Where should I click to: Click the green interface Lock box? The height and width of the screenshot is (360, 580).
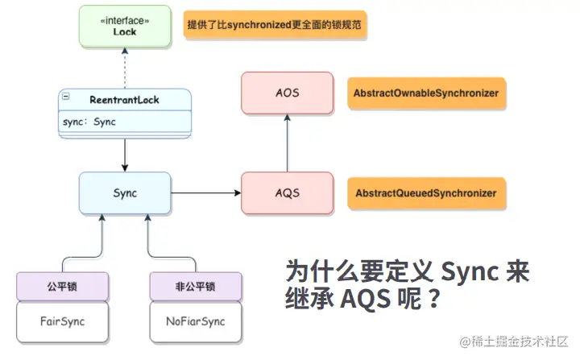tap(125, 26)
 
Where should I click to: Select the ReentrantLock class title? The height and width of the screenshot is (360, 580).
tap(124, 100)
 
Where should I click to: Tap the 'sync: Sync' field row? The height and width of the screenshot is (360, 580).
tap(125, 122)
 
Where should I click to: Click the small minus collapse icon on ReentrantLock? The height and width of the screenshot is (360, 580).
tap(66, 96)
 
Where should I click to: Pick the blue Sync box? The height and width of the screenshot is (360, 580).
tap(125, 192)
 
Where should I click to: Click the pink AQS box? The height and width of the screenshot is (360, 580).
tap(287, 192)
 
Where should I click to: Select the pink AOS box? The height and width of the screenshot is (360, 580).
tap(287, 93)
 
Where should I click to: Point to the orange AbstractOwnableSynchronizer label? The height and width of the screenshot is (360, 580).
tap(426, 93)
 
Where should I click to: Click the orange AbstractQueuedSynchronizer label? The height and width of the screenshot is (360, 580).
tap(426, 193)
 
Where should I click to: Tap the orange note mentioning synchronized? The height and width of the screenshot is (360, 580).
tap(275, 25)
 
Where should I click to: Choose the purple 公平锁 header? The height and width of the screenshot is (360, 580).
tap(63, 286)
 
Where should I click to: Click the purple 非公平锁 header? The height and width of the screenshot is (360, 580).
tap(196, 286)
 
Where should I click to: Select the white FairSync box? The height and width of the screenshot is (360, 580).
tap(63, 321)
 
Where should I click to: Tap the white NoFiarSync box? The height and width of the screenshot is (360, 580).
tap(196, 321)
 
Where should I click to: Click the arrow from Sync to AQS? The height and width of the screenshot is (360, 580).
tap(205, 192)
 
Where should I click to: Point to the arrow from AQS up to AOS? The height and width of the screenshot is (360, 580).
tap(287, 143)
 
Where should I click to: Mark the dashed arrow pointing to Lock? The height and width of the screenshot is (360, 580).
tap(125, 68)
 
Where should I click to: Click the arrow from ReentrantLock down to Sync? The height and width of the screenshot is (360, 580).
tap(125, 155)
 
